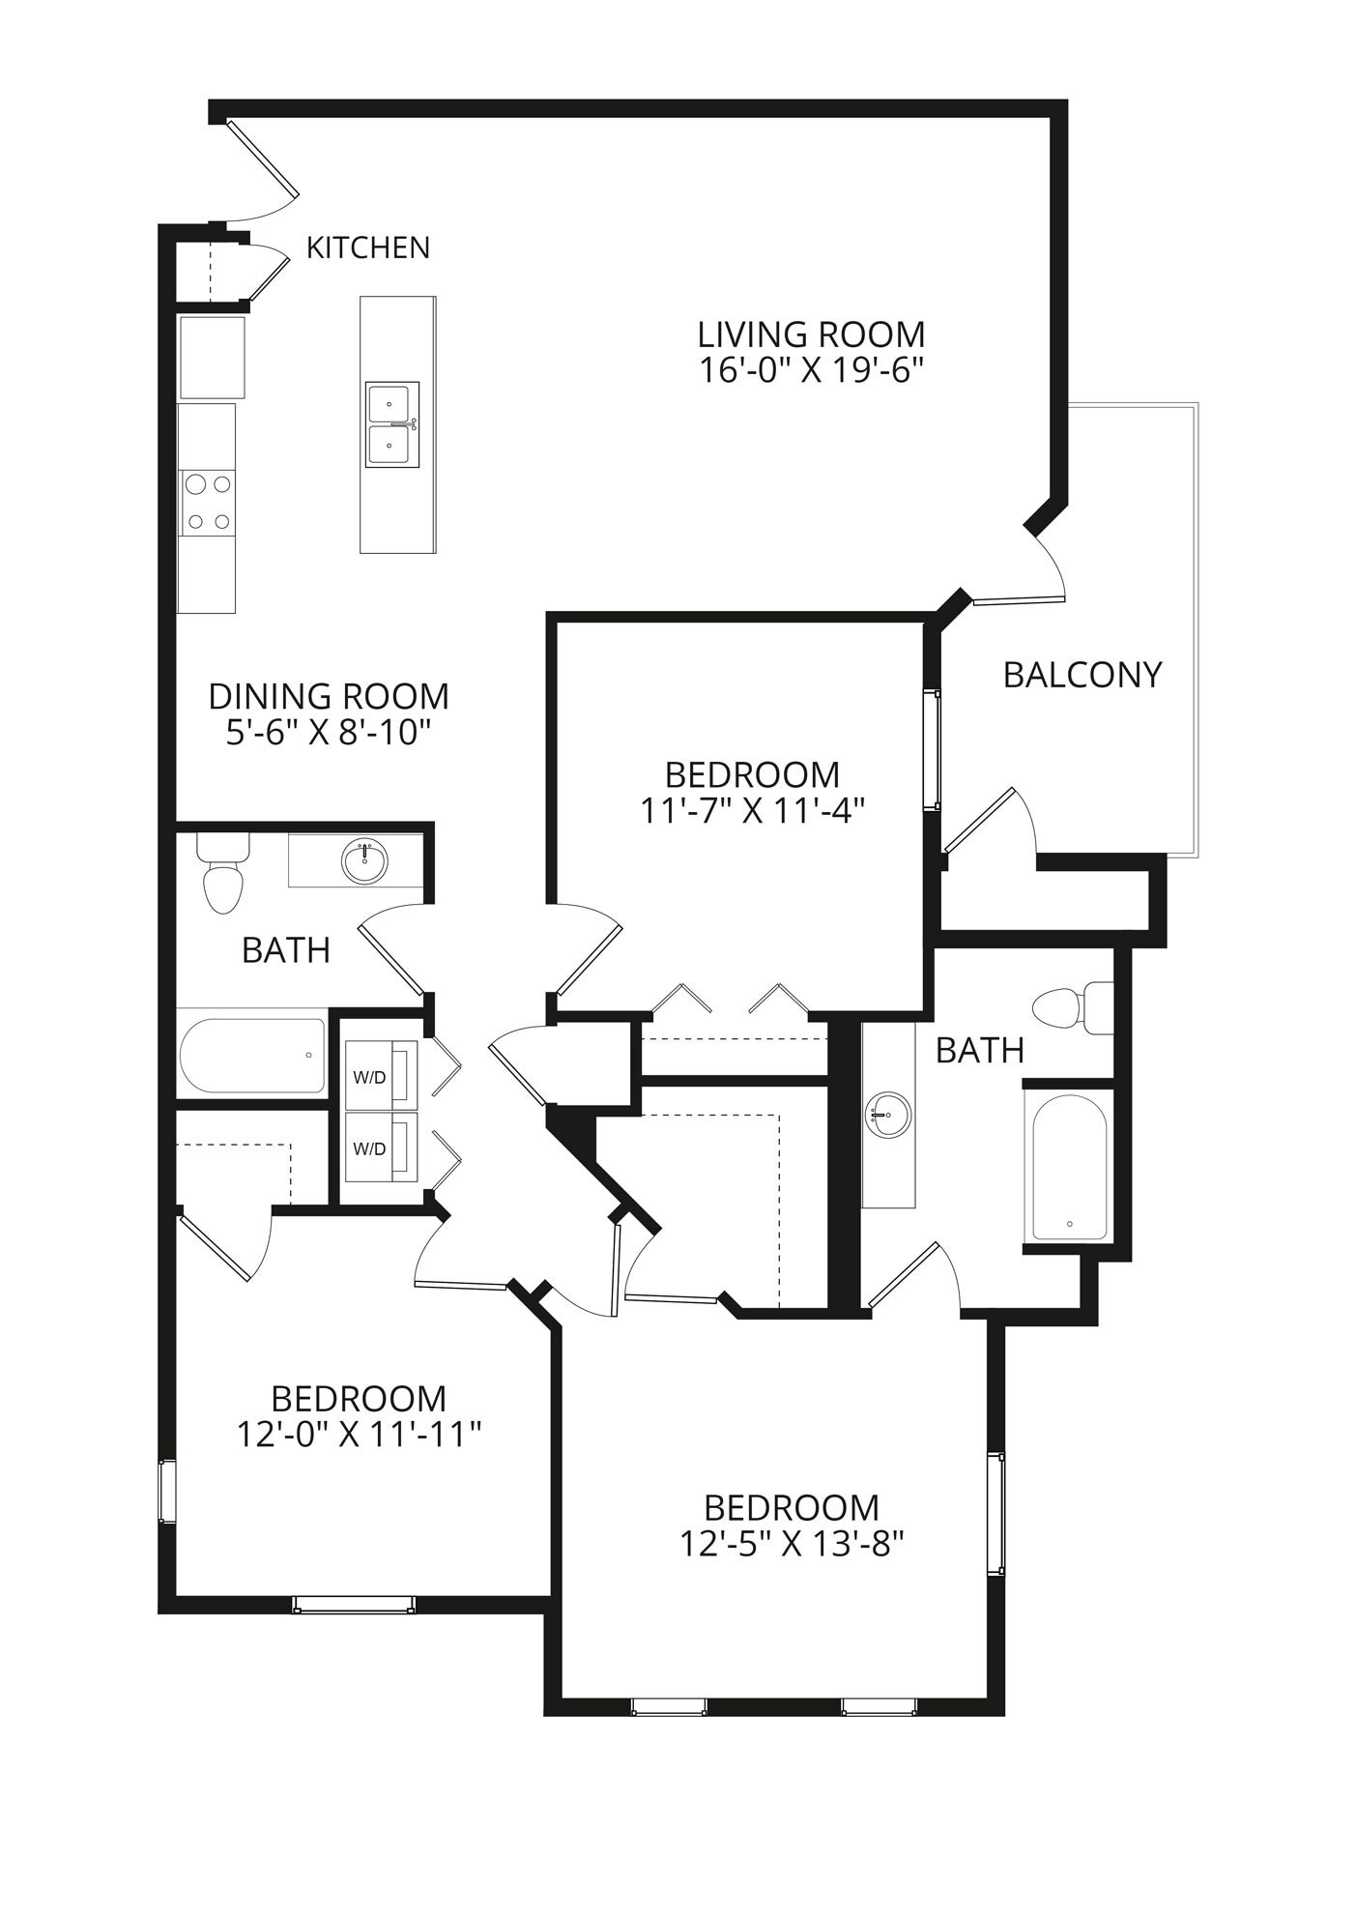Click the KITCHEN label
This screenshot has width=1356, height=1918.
pos(367,248)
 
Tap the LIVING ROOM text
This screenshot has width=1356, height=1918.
pos(811,334)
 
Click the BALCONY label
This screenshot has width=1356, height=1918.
pos(1082,675)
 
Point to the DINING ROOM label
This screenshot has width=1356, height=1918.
pos(329,696)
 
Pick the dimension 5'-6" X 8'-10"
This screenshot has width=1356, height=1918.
pos(328,733)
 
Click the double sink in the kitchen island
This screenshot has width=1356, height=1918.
pos(392,424)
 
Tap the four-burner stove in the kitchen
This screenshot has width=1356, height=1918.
pos(209,502)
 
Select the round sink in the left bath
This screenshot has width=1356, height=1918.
pos(365,861)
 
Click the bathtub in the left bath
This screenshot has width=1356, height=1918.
pos(251,1056)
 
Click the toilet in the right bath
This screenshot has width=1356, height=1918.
pos(1071,1007)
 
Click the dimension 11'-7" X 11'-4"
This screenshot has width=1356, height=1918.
pos(751,811)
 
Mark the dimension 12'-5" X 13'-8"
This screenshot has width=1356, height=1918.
pos(791,1544)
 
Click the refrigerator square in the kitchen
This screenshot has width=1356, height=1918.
pos(212,357)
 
